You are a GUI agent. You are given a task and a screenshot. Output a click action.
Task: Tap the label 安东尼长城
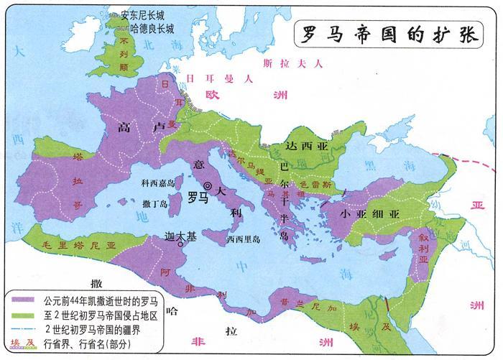click(x=147, y=14)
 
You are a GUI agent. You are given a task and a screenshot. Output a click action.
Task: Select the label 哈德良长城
click(x=152, y=29)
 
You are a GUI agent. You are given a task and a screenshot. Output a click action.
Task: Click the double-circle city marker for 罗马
click(x=208, y=186)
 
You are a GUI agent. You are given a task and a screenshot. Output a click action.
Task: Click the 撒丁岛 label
click(x=156, y=204)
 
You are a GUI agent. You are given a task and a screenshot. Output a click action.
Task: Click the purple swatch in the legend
click(x=22, y=298)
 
